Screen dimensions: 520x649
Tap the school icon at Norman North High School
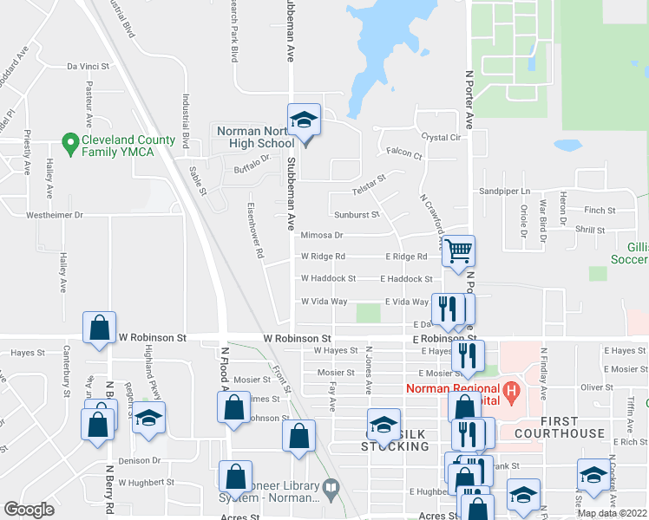coord(305,120)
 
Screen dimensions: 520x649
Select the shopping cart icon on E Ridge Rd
coord(459,251)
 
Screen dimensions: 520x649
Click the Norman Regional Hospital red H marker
coord(512,390)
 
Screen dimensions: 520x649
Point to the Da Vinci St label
coord(88,66)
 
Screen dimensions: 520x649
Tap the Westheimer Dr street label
coord(54,214)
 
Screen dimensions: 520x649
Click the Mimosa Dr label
coord(322,235)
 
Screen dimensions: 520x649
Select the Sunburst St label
coord(357,214)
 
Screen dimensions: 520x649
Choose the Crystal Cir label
coord(442,137)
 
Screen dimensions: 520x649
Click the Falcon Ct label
coord(403,156)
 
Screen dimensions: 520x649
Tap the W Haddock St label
coord(328,279)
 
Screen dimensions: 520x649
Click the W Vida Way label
coord(324,302)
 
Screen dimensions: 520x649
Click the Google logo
coord(29,510)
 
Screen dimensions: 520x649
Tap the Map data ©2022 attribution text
coord(612,513)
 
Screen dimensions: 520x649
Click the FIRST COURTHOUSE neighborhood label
coord(559,432)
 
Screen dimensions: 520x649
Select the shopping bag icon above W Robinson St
coord(100,328)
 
